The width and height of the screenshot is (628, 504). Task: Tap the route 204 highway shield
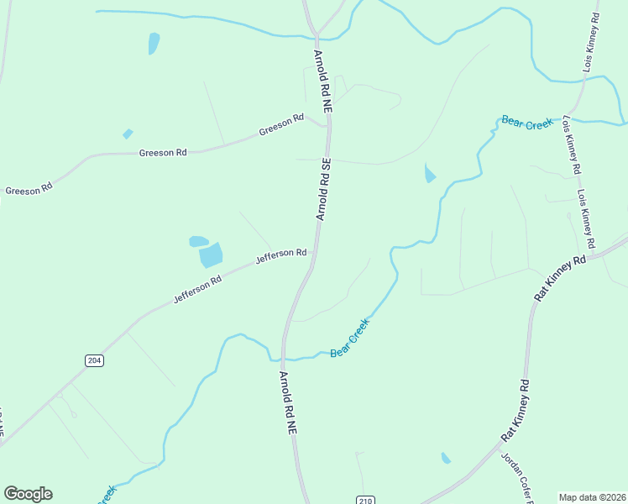click(x=94, y=360)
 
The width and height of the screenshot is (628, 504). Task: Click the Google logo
click(x=28, y=494)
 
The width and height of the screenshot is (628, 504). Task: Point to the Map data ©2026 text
click(x=591, y=496)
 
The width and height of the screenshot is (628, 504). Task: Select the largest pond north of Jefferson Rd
click(x=212, y=255)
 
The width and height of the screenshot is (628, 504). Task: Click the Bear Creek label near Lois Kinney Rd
click(x=526, y=123)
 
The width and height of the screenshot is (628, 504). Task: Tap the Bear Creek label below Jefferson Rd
click(x=349, y=338)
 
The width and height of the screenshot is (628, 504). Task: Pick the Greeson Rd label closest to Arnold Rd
click(x=281, y=125)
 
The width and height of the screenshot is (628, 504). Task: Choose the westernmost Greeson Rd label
click(x=29, y=190)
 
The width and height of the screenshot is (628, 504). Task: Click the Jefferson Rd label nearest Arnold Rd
click(x=280, y=254)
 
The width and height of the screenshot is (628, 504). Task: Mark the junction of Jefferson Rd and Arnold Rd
click(x=313, y=251)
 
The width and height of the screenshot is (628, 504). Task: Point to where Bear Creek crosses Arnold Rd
click(x=284, y=358)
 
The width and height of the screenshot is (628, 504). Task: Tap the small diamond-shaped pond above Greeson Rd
click(x=128, y=134)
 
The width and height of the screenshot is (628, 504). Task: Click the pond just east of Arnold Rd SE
click(x=430, y=174)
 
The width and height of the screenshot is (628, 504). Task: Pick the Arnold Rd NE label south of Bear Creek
click(x=287, y=402)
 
